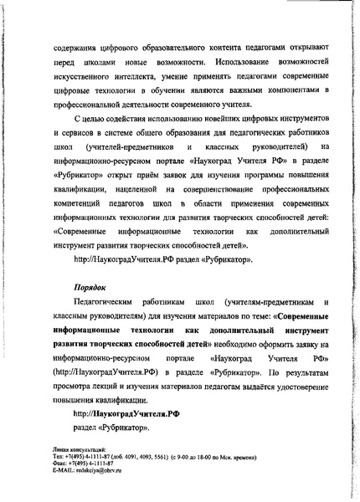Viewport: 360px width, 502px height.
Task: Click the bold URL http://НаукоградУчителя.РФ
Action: (x=126, y=413)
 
